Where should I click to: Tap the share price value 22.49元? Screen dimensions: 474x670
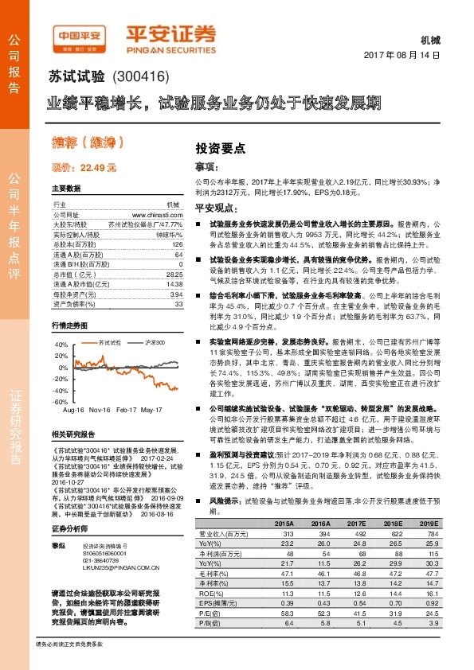pyautogui.click(x=99, y=168)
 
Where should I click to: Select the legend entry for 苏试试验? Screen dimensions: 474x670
pyautogui.click(x=108, y=341)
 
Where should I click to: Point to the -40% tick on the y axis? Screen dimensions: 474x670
pyautogui.click(x=61, y=391)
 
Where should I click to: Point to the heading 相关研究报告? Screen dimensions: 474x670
pyautogui.click(x=72, y=434)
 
